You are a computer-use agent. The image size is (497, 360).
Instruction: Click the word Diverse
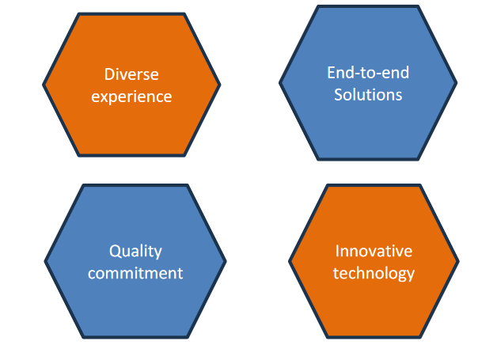click(x=131, y=74)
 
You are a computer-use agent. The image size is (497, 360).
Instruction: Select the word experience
click(x=131, y=97)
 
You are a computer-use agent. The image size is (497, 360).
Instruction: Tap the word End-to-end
click(x=368, y=73)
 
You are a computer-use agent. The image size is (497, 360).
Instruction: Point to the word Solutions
click(x=368, y=95)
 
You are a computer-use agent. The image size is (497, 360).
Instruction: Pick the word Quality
click(x=135, y=252)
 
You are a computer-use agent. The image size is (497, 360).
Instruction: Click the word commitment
click(x=135, y=273)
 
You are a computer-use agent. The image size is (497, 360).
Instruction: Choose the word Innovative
click(x=374, y=251)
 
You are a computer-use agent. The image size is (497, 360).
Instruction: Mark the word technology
click(x=374, y=274)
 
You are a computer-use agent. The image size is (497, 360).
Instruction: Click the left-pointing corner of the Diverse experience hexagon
click(x=43, y=85)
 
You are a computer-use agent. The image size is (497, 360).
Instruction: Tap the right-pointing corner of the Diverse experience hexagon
click(x=220, y=85)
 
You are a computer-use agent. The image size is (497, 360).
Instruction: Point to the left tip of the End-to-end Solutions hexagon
click(x=279, y=83)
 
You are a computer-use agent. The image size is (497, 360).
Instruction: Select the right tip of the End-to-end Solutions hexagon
click(x=457, y=83)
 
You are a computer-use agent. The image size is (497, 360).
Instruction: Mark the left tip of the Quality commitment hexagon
click(x=44, y=261)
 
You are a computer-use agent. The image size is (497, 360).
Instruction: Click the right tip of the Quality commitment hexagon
click(x=226, y=261)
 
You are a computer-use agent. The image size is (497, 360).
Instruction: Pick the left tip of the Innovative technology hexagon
click(x=289, y=261)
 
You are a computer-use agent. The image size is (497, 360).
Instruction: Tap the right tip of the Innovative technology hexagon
click(x=459, y=261)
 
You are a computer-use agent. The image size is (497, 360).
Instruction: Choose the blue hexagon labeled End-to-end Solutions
click(x=368, y=127)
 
